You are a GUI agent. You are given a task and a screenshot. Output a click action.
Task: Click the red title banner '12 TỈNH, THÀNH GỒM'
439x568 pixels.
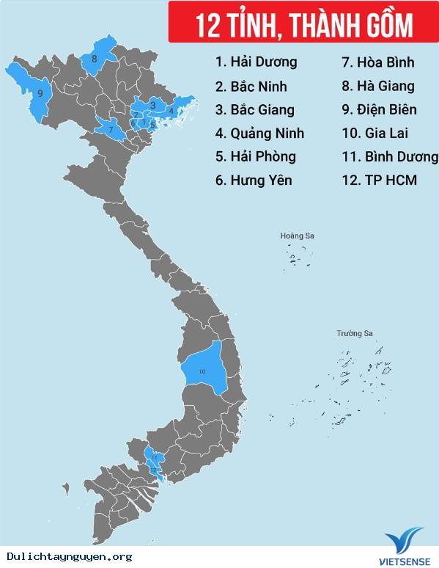[x=303, y=23]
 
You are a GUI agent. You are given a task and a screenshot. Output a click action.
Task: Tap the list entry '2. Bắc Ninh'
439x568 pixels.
[x=251, y=86]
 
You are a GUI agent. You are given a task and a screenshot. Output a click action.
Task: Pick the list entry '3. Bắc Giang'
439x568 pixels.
[x=254, y=109]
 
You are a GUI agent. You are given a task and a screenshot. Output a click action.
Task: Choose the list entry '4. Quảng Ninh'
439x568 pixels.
[x=259, y=133]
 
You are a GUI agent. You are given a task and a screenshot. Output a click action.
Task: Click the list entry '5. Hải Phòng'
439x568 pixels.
[x=255, y=156]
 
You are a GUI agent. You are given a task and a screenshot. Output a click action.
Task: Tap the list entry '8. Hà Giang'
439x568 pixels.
[x=377, y=86]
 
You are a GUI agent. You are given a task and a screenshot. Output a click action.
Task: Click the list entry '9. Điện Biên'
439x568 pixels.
[x=379, y=109]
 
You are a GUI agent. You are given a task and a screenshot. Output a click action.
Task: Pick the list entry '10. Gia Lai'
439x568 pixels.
[x=375, y=133]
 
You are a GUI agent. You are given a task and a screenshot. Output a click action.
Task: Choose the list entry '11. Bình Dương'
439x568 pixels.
[x=389, y=156]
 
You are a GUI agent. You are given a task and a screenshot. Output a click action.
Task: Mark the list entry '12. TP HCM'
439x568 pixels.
[x=379, y=180]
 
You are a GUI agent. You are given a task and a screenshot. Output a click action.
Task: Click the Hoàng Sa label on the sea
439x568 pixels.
[x=297, y=236]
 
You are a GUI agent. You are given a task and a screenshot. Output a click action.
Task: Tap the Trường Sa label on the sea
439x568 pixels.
[x=355, y=334]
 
